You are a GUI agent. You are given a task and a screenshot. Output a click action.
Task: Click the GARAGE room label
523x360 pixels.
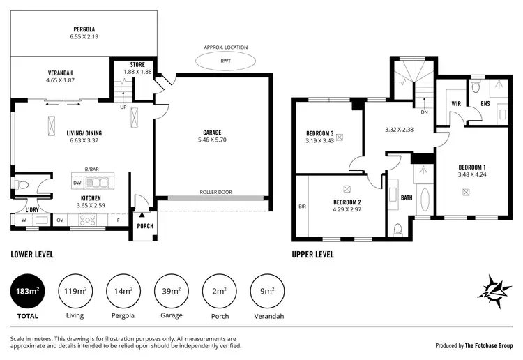click(212, 132)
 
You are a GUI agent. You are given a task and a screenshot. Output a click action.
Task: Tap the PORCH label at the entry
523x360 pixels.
click(144, 225)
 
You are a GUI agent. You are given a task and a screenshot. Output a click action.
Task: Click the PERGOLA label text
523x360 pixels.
click(84, 29)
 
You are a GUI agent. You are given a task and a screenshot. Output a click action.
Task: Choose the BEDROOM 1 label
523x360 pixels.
click(471, 167)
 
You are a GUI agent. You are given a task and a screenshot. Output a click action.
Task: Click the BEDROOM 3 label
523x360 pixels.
click(320, 133)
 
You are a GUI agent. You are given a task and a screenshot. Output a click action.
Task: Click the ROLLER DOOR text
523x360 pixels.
click(215, 193)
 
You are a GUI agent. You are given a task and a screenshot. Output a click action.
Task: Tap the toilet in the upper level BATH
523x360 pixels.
click(397, 229)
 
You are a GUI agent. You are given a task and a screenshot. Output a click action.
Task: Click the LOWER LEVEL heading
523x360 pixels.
click(32, 255)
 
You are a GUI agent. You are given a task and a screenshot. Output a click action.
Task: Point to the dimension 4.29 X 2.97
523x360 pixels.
click(348, 209)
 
